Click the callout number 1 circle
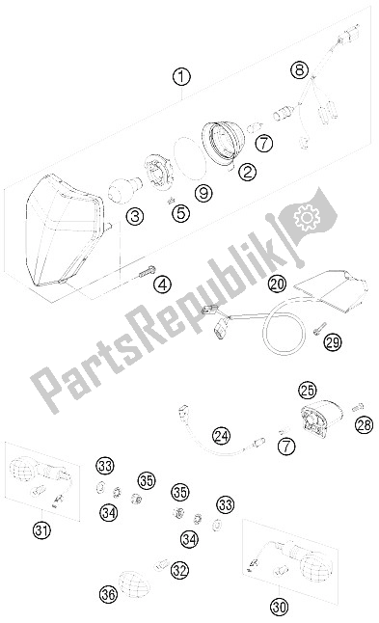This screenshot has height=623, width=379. (181, 77)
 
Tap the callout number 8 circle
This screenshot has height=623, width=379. (299, 70)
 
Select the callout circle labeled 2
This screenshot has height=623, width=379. (248, 172)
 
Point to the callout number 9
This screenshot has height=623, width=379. (203, 193)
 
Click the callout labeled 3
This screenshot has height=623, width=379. (135, 217)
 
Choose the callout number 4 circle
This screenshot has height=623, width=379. (162, 284)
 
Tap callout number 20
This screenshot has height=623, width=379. (277, 284)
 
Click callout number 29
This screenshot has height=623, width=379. (333, 342)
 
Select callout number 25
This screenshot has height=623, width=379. (308, 391)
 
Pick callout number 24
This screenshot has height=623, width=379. (221, 436)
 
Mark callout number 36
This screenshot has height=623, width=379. (108, 594)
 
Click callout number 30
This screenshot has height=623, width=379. (280, 607)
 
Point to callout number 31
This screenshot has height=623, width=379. (41, 530)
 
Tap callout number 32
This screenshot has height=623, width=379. (179, 571)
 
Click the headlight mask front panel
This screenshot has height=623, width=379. (64, 230)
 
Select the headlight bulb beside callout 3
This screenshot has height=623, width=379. (124, 190)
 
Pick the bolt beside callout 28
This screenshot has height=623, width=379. (358, 407)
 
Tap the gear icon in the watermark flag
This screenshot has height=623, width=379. (307, 217)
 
